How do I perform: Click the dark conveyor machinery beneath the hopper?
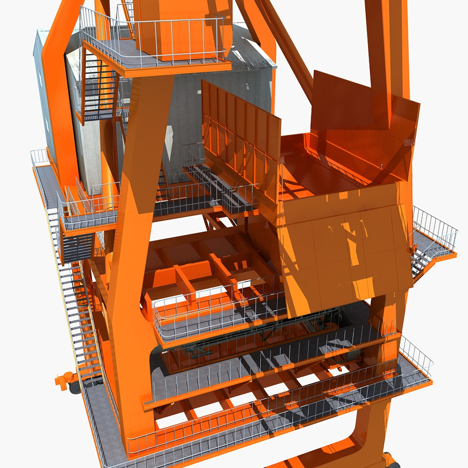[321, 323]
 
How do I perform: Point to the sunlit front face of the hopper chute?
[347, 251]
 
